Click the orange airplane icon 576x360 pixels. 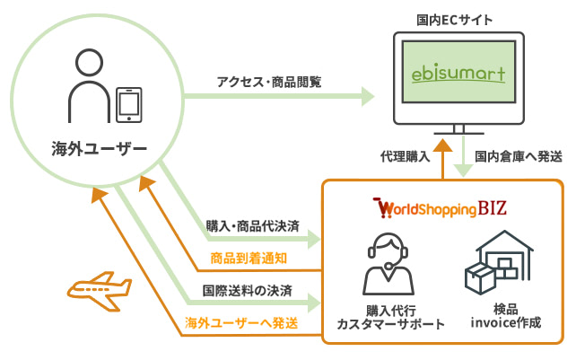pyautogui.click(x=98, y=290)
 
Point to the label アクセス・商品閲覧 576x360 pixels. pyautogui.click(x=268, y=81)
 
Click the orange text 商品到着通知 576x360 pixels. pyautogui.click(x=249, y=258)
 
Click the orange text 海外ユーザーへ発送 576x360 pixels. pyautogui.click(x=242, y=321)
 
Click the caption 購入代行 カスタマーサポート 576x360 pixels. pyautogui.click(x=389, y=315)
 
